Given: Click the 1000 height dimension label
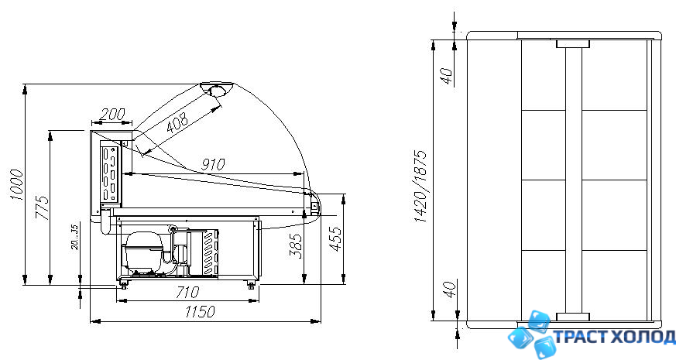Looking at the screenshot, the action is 17,184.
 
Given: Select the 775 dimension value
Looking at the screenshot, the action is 43,207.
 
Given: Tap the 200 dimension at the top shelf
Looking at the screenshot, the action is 112,115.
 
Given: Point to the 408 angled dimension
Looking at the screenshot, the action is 177,122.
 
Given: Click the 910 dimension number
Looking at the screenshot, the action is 213,164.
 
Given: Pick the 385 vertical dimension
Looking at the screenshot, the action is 296,245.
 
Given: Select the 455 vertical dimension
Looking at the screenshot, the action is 336,238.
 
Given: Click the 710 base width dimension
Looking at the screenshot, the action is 187,293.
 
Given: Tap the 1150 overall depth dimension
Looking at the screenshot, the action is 200,311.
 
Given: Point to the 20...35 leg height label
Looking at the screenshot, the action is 74,236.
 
